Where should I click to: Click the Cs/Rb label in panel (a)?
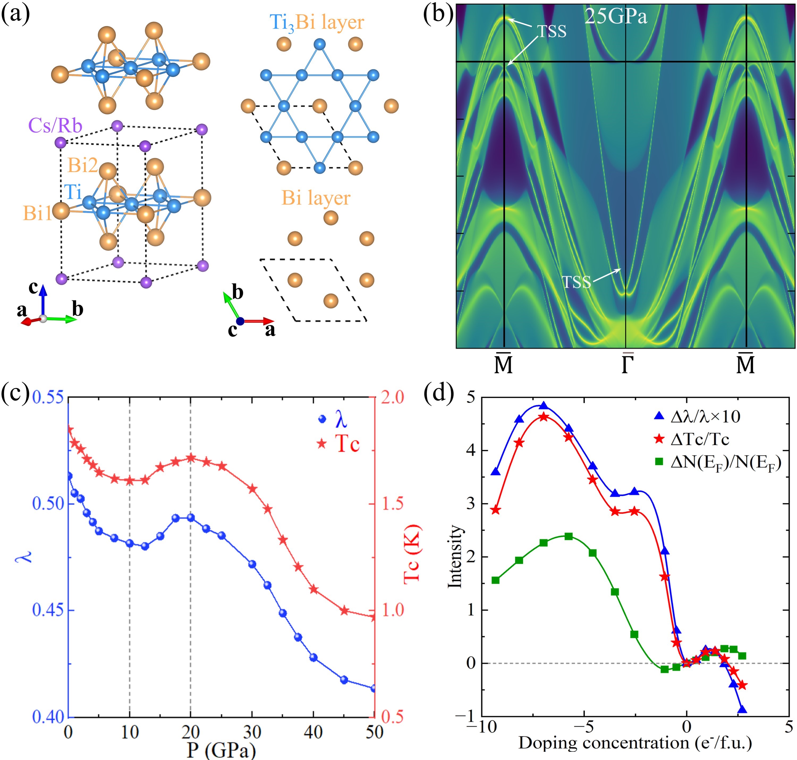coord(55,126)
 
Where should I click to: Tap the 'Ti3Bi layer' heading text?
coord(317,22)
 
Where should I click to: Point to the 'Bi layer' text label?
coord(316,198)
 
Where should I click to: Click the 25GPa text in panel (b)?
coord(616,17)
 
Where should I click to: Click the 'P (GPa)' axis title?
coord(221,750)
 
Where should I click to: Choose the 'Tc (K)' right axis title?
coord(412,554)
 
